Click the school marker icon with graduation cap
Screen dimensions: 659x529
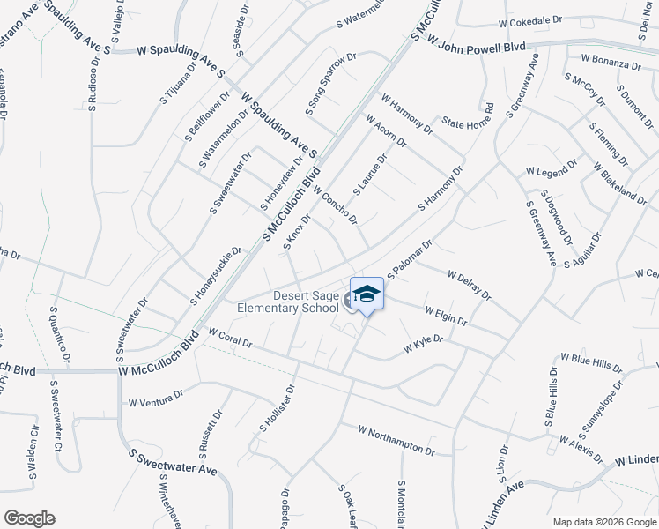pos(367,295)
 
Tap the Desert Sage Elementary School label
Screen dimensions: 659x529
pos(288,302)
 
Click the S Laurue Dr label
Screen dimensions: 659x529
pos(370,175)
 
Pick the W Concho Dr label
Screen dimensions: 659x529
pos(335,205)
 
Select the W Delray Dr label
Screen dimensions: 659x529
pos(469,285)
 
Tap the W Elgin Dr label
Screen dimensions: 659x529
pos(445,316)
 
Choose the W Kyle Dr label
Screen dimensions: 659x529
pos(423,344)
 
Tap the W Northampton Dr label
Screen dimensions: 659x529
pos(396,438)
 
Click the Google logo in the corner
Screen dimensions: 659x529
pos(30,518)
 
